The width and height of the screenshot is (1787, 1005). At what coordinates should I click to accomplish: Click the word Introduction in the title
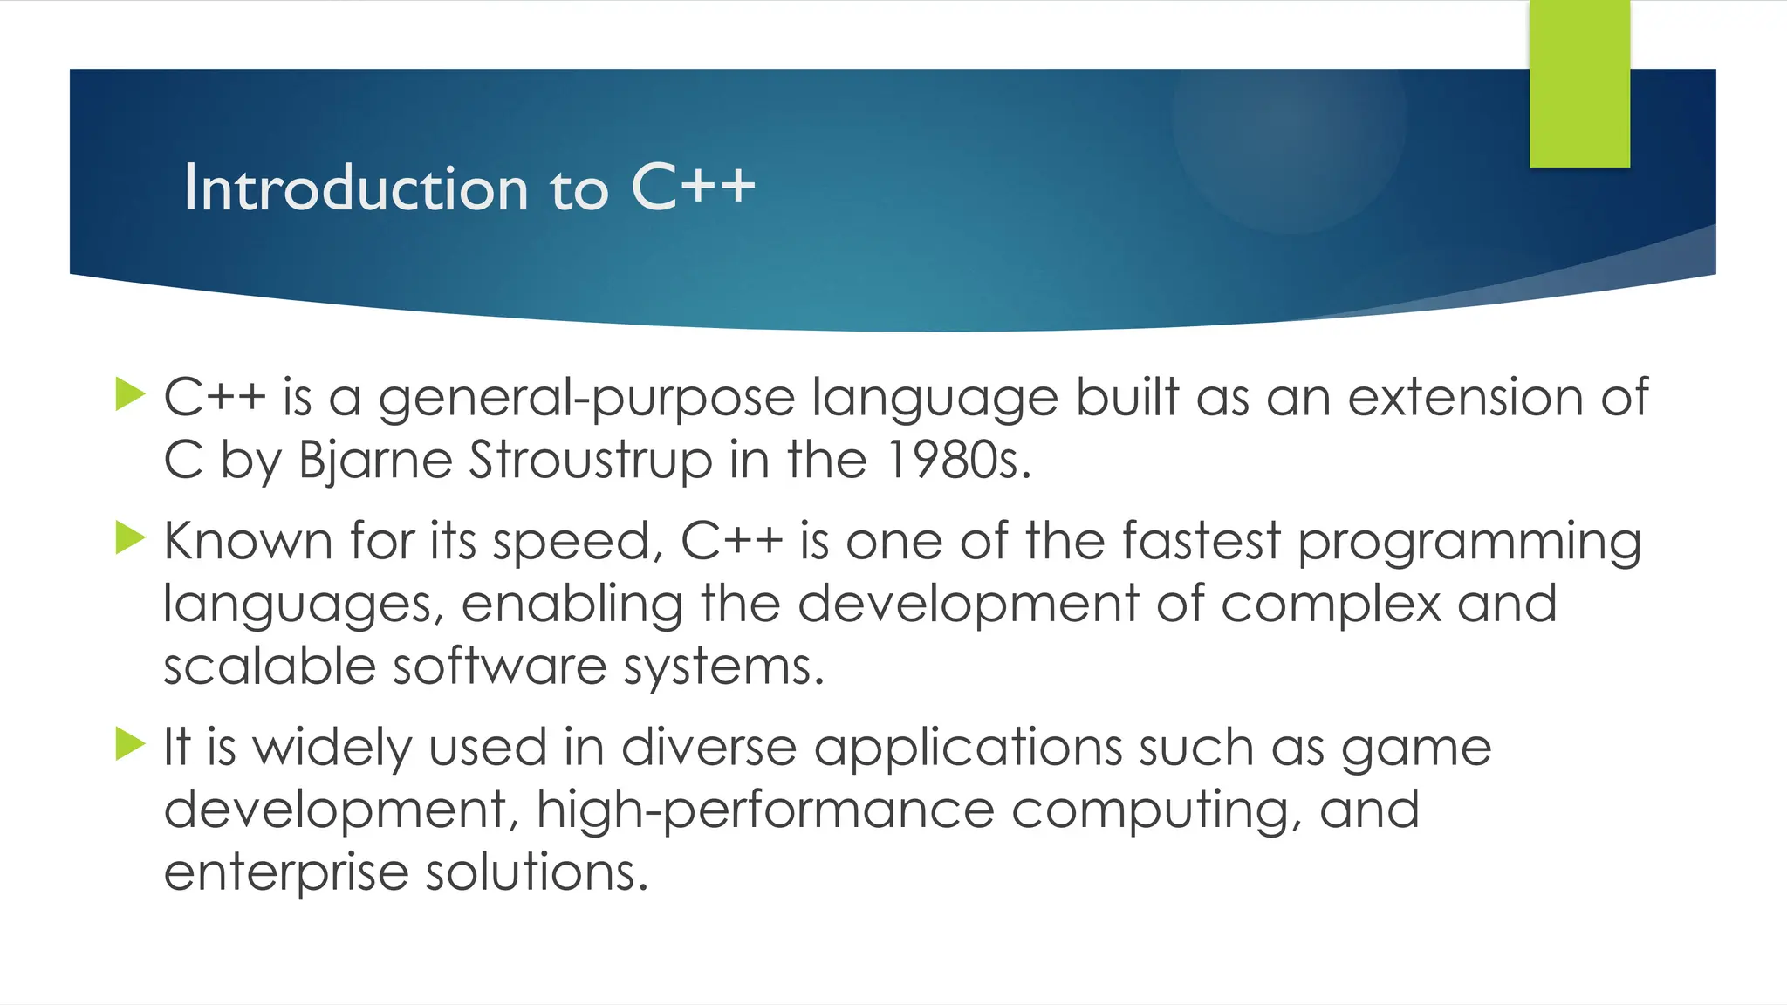pos(355,188)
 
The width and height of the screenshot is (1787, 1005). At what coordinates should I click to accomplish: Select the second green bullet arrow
pos(130,538)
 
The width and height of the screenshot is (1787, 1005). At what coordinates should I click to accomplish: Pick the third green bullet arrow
pos(130,744)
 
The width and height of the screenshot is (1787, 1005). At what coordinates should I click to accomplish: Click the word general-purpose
pos(586,400)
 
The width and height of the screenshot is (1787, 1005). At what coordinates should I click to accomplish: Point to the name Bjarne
pos(374,461)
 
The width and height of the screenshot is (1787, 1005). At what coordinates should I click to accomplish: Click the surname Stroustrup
pos(591,461)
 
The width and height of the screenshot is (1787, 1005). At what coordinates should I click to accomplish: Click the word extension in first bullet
pos(1465,398)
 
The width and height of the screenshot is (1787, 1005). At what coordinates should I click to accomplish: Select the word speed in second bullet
pos(572,543)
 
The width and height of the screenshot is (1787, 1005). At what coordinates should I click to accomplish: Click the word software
pos(499,667)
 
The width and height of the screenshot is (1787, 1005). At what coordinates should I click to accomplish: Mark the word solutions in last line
pos(537,872)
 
